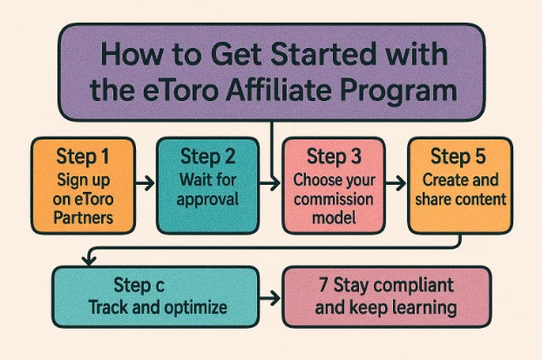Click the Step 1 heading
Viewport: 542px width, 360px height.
83,159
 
